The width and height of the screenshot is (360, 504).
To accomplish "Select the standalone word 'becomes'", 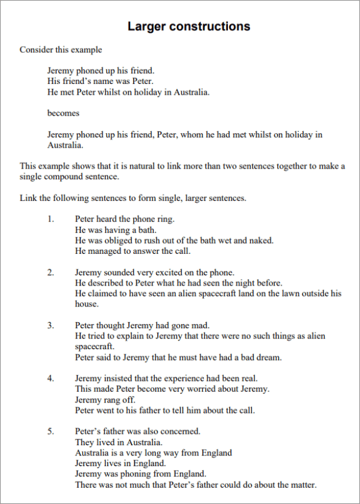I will (x=63, y=113).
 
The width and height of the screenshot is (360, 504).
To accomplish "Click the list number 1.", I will (x=50, y=219).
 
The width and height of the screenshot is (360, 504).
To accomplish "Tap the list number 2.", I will (x=50, y=272).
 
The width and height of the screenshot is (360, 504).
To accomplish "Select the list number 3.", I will (x=50, y=325).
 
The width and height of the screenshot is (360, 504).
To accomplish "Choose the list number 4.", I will (x=50, y=378).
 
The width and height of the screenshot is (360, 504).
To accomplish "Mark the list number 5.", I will (x=50, y=431).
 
